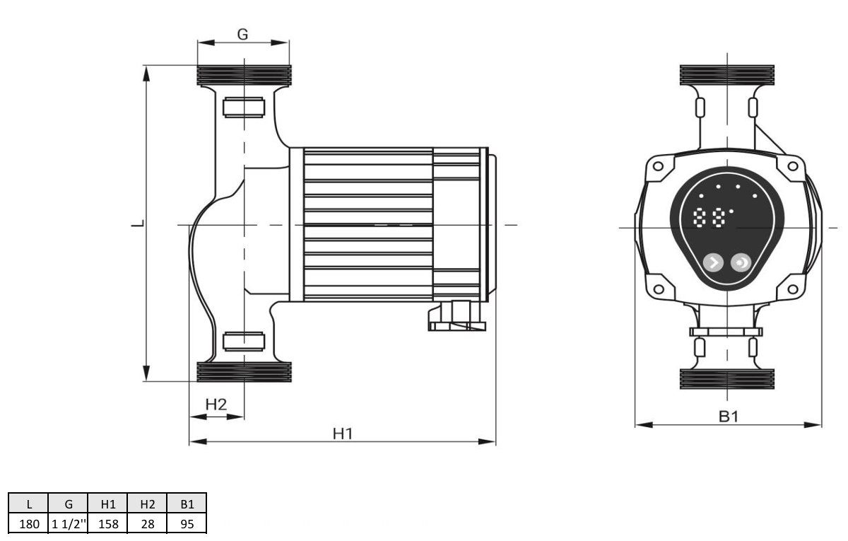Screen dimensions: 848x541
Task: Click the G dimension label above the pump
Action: (242, 35)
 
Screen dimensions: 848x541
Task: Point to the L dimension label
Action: (139, 223)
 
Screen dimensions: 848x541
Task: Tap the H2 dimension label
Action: (216, 405)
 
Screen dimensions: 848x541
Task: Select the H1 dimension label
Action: (343, 434)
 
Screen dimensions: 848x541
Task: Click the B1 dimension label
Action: (729, 417)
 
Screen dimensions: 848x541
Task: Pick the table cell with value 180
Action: (29, 524)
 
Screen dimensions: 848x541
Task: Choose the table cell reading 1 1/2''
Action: (69, 524)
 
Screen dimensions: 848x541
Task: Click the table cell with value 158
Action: (108, 524)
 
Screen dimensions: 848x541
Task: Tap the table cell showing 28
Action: (148, 524)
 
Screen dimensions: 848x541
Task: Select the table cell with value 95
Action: (187, 524)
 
